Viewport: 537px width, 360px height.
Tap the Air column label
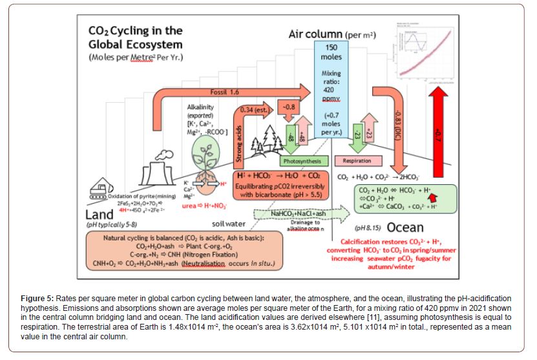click(x=332, y=34)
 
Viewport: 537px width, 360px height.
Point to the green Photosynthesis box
click(x=304, y=160)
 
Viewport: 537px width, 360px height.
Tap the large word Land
click(x=101, y=214)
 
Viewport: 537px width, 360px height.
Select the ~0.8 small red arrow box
click(x=288, y=107)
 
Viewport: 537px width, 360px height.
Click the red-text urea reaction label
click(x=194, y=205)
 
